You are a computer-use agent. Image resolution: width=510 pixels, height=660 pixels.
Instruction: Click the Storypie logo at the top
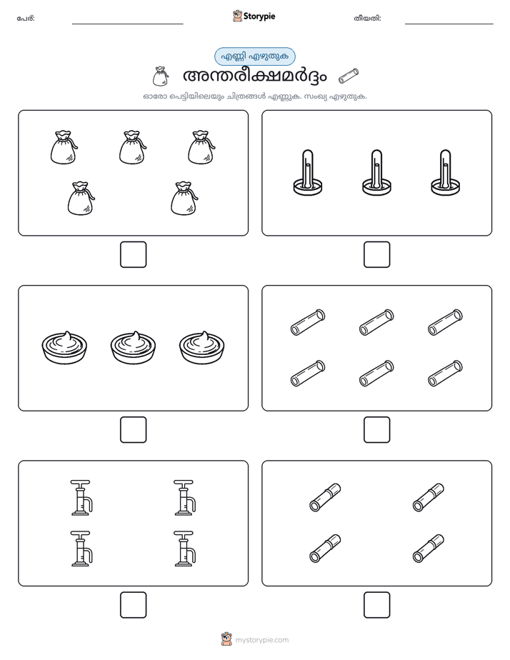click(x=254, y=16)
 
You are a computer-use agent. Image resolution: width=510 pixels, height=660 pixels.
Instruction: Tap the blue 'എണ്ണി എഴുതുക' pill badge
click(x=254, y=56)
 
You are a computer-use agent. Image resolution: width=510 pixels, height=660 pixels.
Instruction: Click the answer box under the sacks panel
click(x=133, y=254)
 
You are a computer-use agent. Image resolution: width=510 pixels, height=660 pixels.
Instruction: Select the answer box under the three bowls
click(x=133, y=429)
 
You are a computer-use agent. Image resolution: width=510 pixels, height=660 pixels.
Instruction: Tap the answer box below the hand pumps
click(x=133, y=604)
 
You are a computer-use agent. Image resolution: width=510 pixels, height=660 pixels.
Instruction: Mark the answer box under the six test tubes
click(x=376, y=429)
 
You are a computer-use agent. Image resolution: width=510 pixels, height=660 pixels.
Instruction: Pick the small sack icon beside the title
click(x=160, y=76)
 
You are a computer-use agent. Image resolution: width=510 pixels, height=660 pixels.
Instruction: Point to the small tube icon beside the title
click(x=349, y=76)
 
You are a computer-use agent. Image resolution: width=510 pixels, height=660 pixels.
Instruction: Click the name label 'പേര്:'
click(x=26, y=18)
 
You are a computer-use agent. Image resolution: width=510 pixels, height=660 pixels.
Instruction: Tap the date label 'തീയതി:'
click(x=367, y=18)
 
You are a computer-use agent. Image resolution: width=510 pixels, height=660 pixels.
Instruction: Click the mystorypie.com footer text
click(x=261, y=640)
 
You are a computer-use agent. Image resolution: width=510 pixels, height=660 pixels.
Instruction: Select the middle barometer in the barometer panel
click(x=376, y=172)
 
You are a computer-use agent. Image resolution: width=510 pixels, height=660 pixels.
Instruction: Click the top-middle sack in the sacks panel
click(x=133, y=147)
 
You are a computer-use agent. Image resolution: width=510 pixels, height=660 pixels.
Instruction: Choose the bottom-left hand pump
click(x=81, y=549)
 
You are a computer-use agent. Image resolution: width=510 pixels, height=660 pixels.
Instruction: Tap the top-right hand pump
click(x=184, y=497)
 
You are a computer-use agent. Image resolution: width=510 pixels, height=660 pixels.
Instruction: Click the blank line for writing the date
click(x=449, y=24)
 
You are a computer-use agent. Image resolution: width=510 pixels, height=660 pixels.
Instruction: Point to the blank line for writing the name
click(x=127, y=24)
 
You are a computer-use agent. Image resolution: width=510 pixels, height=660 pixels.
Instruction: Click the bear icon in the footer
click(x=226, y=639)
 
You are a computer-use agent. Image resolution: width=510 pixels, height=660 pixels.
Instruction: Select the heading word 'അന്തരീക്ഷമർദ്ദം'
click(x=254, y=76)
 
